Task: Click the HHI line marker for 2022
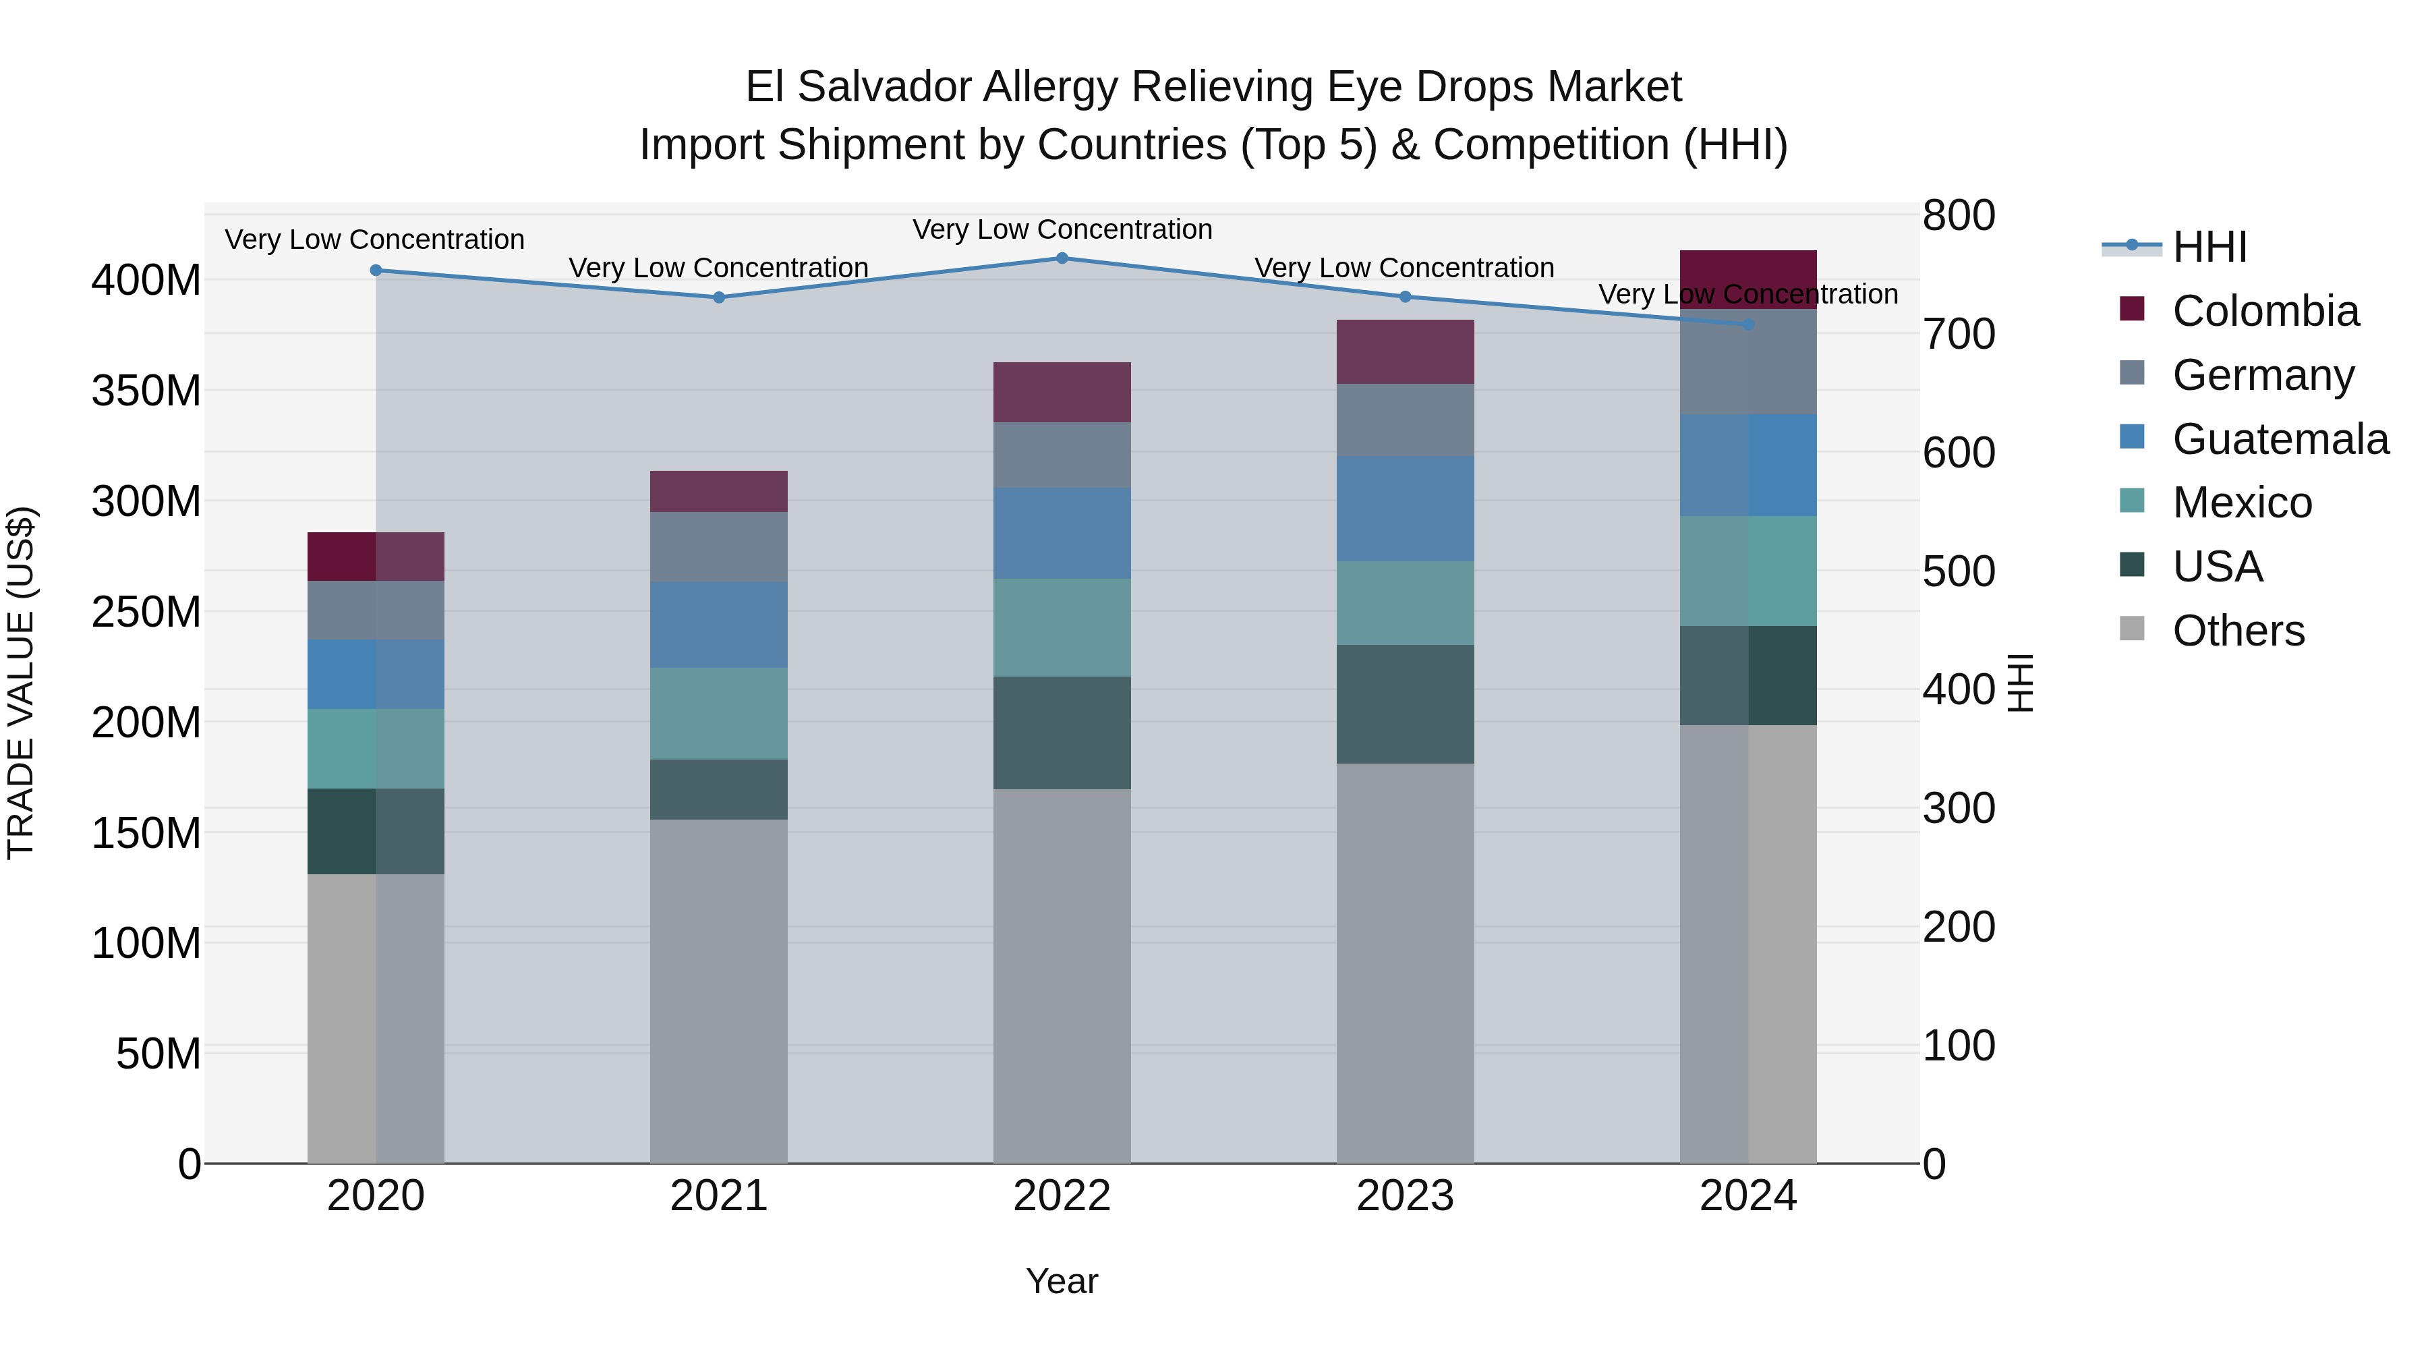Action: click(1062, 258)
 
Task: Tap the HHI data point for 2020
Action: click(376, 271)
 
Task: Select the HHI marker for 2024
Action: click(1748, 324)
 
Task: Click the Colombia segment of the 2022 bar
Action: click(1062, 392)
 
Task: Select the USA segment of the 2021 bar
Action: click(718, 789)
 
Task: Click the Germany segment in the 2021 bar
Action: click(718, 547)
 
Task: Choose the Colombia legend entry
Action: click(2265, 311)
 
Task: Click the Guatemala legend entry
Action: click(2280, 439)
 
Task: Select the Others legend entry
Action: click(2238, 631)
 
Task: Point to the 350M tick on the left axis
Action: click(146, 391)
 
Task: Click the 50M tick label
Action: click(158, 1053)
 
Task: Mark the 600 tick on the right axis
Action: click(1959, 453)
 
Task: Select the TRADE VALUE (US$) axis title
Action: click(21, 683)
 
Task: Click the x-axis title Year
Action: click(1062, 1281)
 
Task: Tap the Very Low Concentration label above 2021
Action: click(718, 268)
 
